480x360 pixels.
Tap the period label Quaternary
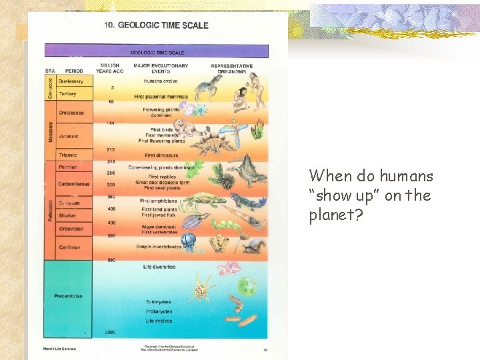tap(71, 81)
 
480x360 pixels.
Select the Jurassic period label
tap(69, 136)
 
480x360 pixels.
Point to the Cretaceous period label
tap(71, 113)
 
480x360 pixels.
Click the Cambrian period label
tap(69, 247)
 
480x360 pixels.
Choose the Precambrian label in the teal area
tap(69, 296)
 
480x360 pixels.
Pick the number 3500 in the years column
tap(111, 331)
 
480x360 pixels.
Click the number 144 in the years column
tap(110, 123)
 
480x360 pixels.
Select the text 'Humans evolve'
tap(160, 81)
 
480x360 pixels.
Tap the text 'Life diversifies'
tap(159, 267)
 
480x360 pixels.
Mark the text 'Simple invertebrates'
tap(159, 247)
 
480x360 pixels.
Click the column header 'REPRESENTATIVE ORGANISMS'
tap(231, 68)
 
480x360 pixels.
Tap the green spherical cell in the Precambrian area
tap(247, 286)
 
